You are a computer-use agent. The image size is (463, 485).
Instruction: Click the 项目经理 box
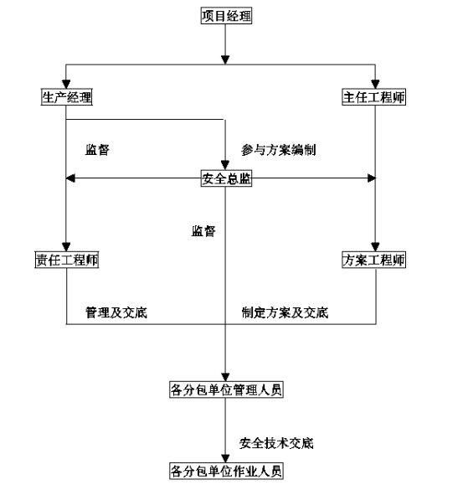pos(226,16)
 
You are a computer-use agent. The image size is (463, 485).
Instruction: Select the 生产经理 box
pos(67,97)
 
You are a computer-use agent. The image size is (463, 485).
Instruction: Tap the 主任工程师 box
pos(373,97)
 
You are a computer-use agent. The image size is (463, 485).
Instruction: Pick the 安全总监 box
pos(226,178)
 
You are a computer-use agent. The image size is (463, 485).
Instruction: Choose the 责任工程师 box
pos(67,260)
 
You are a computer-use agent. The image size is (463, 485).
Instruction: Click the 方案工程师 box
pos(373,260)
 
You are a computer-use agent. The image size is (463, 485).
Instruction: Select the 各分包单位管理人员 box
pos(226,390)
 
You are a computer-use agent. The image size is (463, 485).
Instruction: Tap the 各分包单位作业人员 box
pos(226,471)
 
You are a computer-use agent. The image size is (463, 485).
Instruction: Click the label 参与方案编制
pos(279,150)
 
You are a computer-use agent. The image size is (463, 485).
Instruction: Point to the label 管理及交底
pos(116,312)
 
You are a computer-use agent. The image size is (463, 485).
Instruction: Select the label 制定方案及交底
pos(285,312)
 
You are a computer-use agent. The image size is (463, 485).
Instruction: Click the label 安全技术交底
pos(276,443)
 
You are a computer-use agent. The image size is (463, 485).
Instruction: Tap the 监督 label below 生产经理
pos(97,150)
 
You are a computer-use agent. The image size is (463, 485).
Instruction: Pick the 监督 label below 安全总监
pos(203,231)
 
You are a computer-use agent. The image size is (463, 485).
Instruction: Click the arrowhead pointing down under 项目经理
pos(225,60)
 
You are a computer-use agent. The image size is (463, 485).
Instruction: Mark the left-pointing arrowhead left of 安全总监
pos(70,178)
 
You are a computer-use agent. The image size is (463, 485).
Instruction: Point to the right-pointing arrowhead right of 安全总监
pos(372,178)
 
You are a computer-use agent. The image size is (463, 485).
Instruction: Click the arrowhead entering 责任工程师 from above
pos(66,247)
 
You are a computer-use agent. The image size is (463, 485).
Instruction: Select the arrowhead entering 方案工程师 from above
pos(375,247)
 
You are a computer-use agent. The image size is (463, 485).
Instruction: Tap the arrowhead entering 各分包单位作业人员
pos(225,458)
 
